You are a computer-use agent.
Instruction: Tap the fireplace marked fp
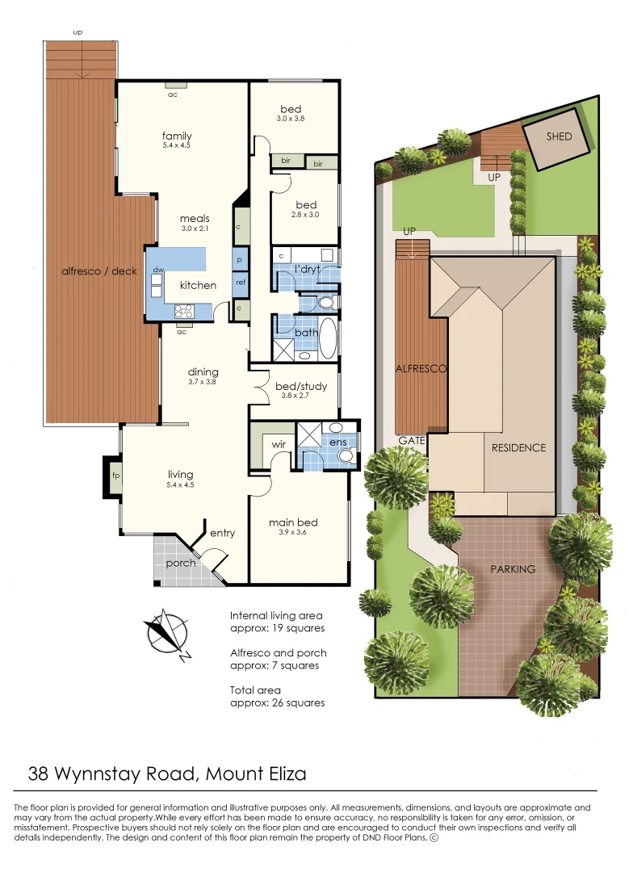point(115,476)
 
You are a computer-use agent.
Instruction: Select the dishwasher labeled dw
point(159,270)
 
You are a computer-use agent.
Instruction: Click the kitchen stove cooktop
point(182,310)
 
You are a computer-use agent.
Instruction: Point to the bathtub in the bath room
point(328,339)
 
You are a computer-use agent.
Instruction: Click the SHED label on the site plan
point(559,136)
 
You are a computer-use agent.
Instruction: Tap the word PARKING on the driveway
point(513,569)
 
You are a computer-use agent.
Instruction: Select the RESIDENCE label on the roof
point(518,447)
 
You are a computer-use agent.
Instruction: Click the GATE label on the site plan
point(412,441)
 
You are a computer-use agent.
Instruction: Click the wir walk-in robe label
point(279,445)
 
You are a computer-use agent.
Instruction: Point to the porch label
point(180,563)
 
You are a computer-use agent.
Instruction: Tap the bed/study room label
point(300,387)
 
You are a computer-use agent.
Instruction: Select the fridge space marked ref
point(241,283)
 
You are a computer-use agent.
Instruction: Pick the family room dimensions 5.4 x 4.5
point(177,146)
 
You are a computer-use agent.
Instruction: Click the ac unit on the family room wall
point(173,85)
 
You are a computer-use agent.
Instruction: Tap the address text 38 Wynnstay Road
point(113,774)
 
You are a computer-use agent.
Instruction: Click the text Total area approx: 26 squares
point(277,697)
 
